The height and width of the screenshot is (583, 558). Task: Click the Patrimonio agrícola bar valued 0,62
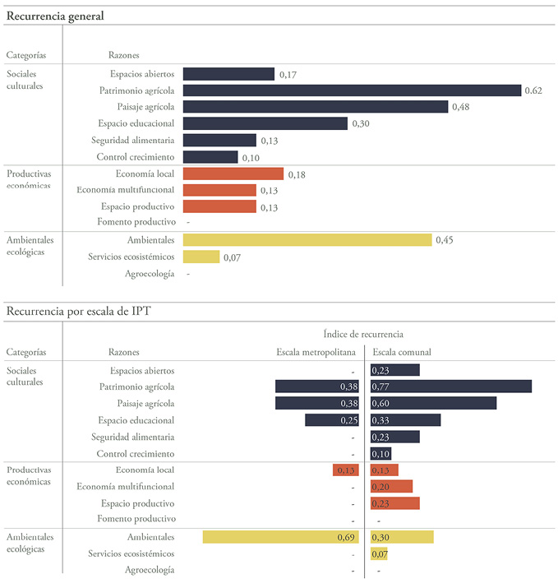352,90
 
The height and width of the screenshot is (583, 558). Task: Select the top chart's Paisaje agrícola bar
315,107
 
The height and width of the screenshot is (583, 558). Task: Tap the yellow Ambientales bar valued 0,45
307,240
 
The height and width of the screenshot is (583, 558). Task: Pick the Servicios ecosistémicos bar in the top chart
201,257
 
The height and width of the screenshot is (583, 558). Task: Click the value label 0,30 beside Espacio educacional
361,124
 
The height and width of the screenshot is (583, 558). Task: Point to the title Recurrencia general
55,16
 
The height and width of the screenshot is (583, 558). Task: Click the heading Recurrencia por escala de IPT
77,311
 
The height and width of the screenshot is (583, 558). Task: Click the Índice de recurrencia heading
363,334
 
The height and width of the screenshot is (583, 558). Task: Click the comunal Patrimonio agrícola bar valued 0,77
451,386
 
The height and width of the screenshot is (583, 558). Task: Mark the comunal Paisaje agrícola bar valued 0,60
434,403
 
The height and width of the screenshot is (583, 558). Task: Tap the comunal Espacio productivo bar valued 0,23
395,503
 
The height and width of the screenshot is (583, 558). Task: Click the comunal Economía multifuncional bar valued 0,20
392,487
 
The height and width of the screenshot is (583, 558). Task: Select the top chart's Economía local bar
233,174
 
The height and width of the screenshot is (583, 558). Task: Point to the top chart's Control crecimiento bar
210,157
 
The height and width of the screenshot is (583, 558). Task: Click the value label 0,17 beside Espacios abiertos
288,75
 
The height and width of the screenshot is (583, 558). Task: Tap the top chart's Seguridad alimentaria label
132,140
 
